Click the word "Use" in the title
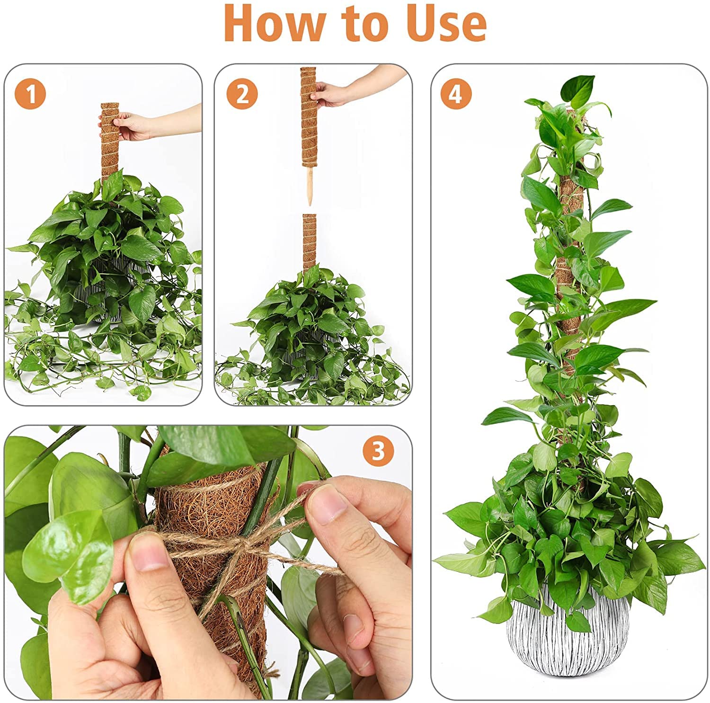tap(447, 24)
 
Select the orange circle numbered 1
tap(30, 94)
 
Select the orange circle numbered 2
tap(242, 94)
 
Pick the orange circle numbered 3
tap(378, 451)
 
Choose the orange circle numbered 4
tap(456, 94)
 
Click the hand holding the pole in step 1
tap(133, 126)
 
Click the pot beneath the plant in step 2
tap(310, 346)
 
